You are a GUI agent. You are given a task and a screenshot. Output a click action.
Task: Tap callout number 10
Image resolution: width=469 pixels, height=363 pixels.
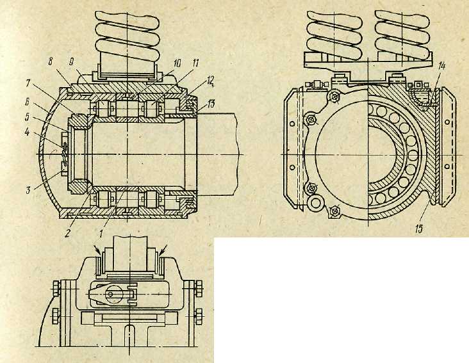[177, 63]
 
